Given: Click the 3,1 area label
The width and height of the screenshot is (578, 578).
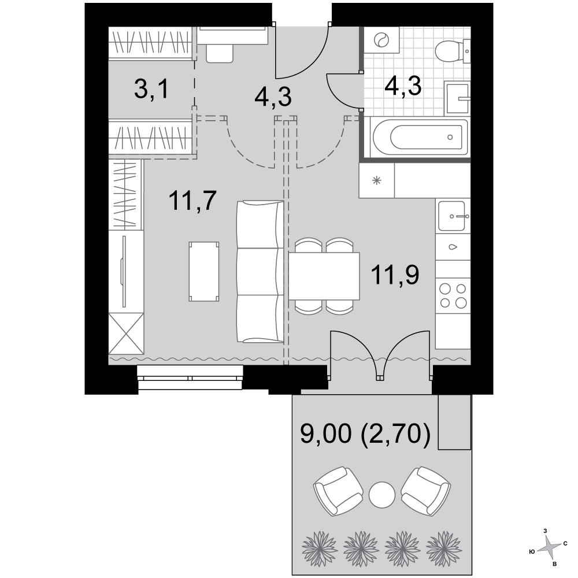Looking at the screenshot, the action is pos(151,90).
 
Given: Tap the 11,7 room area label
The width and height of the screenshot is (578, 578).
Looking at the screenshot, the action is pos(192,201).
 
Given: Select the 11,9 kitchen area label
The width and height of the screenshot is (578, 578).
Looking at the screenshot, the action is pos(395,275).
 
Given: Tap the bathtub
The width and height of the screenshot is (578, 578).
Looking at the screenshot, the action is pos(420,138).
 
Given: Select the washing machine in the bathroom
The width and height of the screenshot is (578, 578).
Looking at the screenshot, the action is pos(381,40).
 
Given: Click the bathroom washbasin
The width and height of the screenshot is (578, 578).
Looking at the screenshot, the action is pos(457,98).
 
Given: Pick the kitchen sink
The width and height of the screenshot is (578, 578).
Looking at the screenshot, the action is pos(453,216).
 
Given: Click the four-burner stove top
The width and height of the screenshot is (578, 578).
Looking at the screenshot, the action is pos(453,295).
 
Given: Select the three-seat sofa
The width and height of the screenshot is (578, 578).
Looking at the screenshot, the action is pos(260,272).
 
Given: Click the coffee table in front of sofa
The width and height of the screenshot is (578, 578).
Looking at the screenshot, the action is pos(204,272).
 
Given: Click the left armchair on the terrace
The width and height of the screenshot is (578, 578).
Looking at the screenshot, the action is pos(338,490).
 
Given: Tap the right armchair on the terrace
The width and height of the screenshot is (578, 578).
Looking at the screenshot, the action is pos(426,490).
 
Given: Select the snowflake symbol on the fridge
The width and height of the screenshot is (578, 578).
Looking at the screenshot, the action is pos(377,180).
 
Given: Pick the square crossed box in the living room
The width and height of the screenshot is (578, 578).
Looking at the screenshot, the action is pos(126,334).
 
